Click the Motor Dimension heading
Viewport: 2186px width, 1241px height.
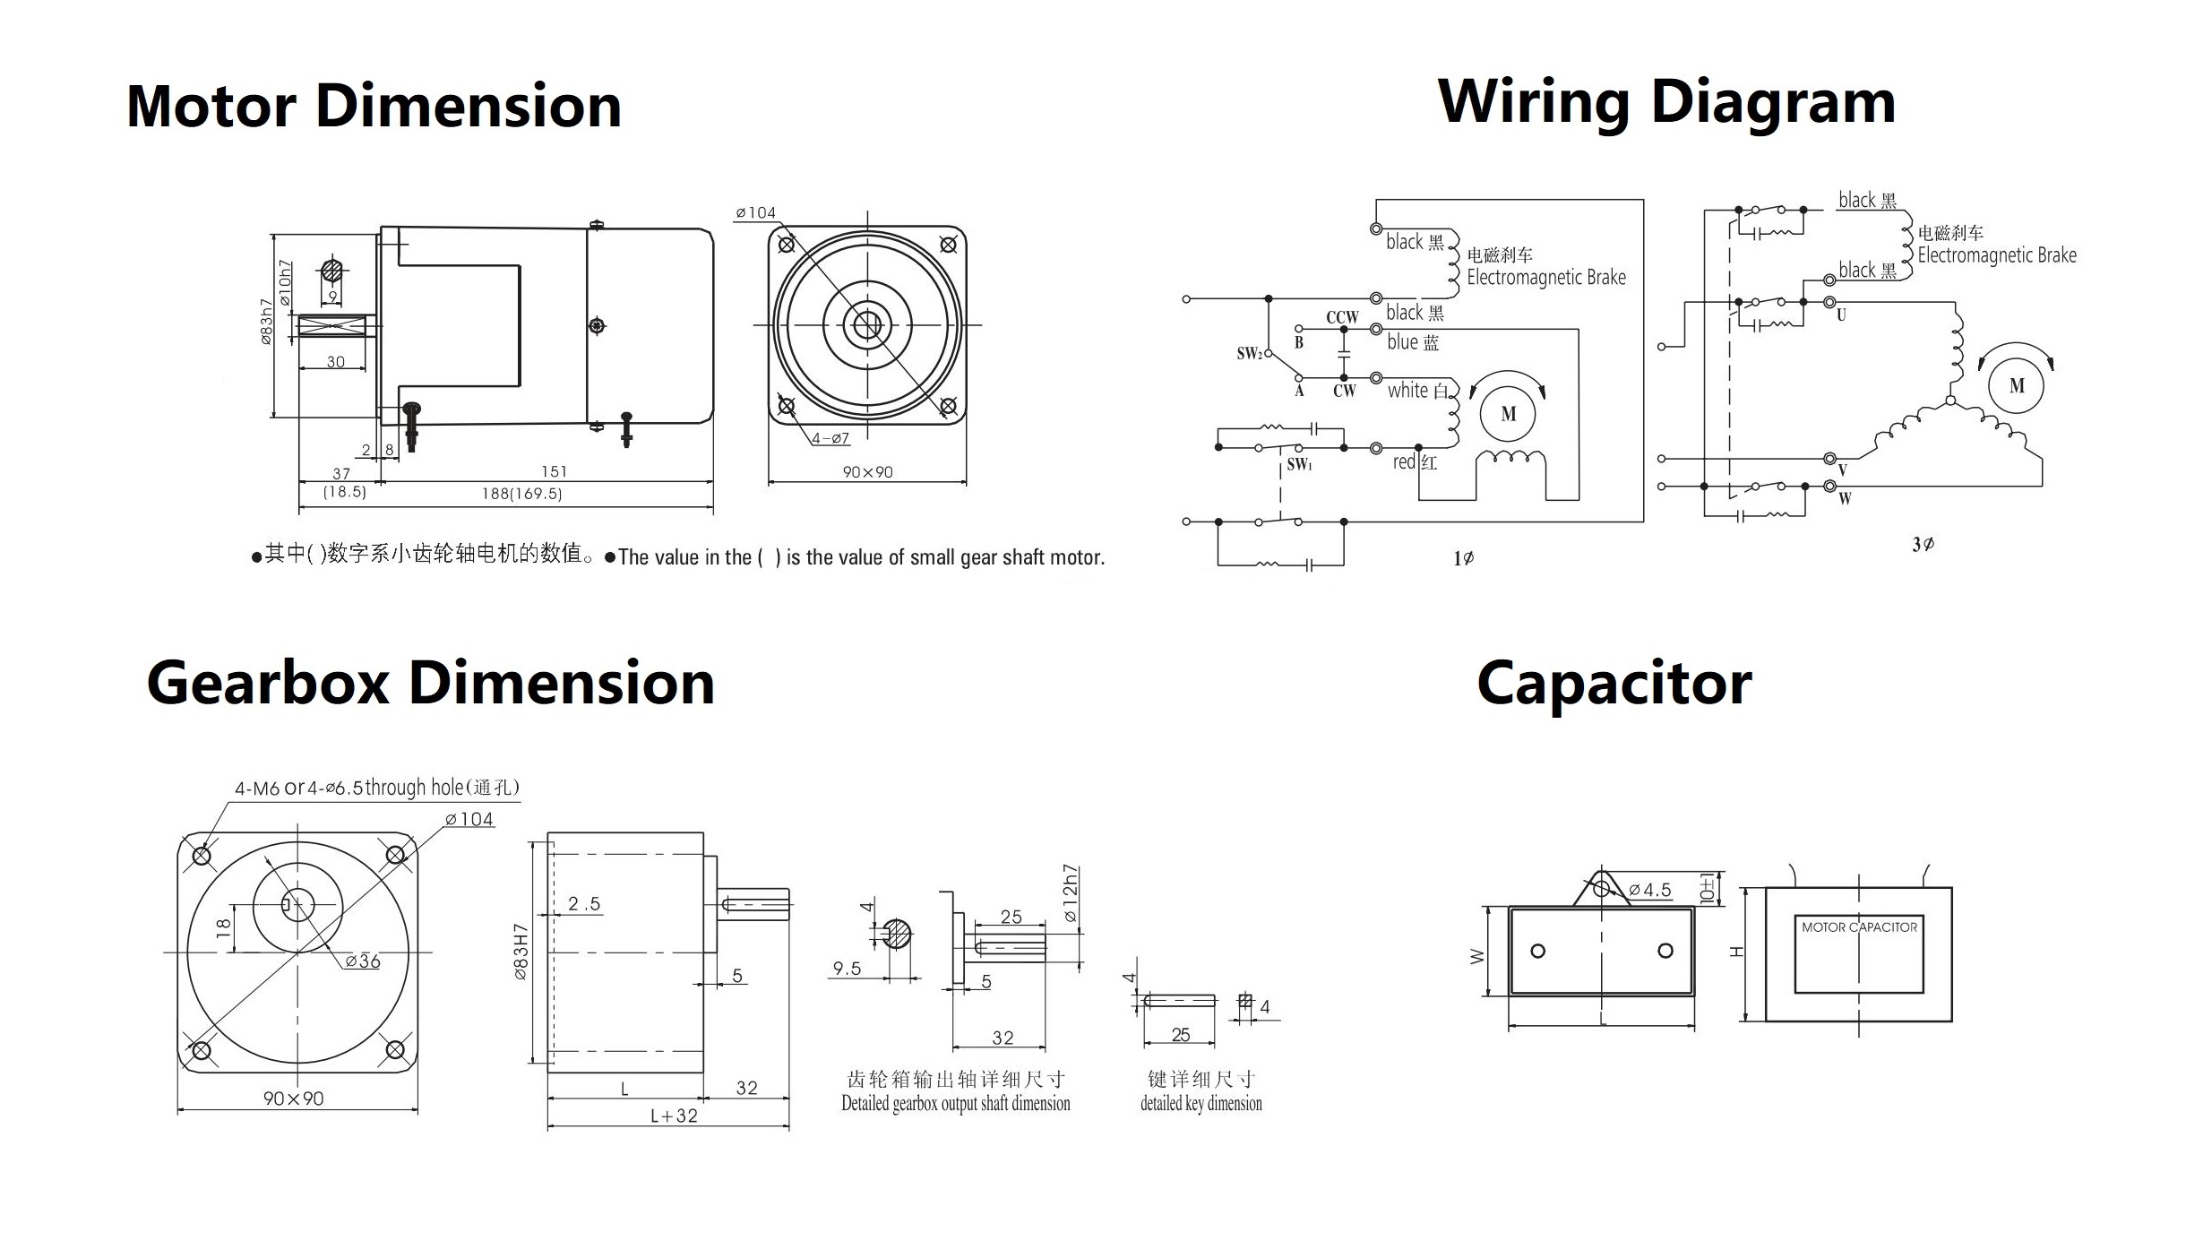tap(374, 106)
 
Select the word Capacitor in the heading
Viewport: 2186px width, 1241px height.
tap(1614, 684)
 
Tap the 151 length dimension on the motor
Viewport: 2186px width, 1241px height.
tap(554, 471)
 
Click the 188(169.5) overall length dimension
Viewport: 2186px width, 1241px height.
tap(521, 494)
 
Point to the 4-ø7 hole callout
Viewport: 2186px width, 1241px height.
tap(831, 438)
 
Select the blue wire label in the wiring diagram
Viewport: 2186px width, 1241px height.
tap(1412, 342)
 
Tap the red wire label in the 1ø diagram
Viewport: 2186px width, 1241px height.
tap(1415, 462)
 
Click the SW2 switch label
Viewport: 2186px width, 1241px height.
tap(1249, 353)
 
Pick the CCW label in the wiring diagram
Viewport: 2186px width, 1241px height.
tap(1342, 317)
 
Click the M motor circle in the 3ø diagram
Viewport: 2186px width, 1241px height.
tap(2017, 386)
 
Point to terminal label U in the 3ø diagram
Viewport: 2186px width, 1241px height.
tap(1841, 315)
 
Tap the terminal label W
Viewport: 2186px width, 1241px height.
tap(1844, 499)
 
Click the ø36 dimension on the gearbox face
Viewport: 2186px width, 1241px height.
tap(364, 961)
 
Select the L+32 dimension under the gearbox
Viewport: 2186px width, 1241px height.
tap(674, 1116)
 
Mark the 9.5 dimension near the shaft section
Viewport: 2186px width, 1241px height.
tap(847, 968)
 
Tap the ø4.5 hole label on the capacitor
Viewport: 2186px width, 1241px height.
tap(1649, 890)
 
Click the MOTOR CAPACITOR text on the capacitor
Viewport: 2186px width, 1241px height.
tap(1859, 927)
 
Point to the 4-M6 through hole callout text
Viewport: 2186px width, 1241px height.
tap(376, 788)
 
